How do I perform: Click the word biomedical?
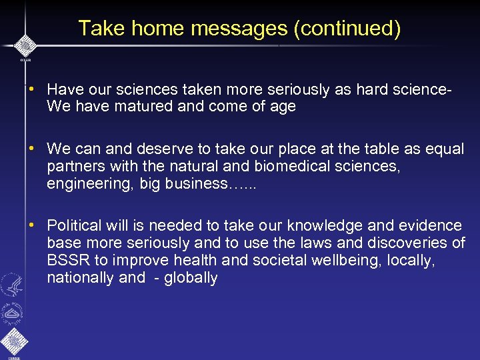(x=275, y=166)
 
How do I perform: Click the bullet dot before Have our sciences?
(x=31, y=88)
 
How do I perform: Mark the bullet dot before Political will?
(x=31, y=225)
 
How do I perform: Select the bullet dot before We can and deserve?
(x=31, y=148)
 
